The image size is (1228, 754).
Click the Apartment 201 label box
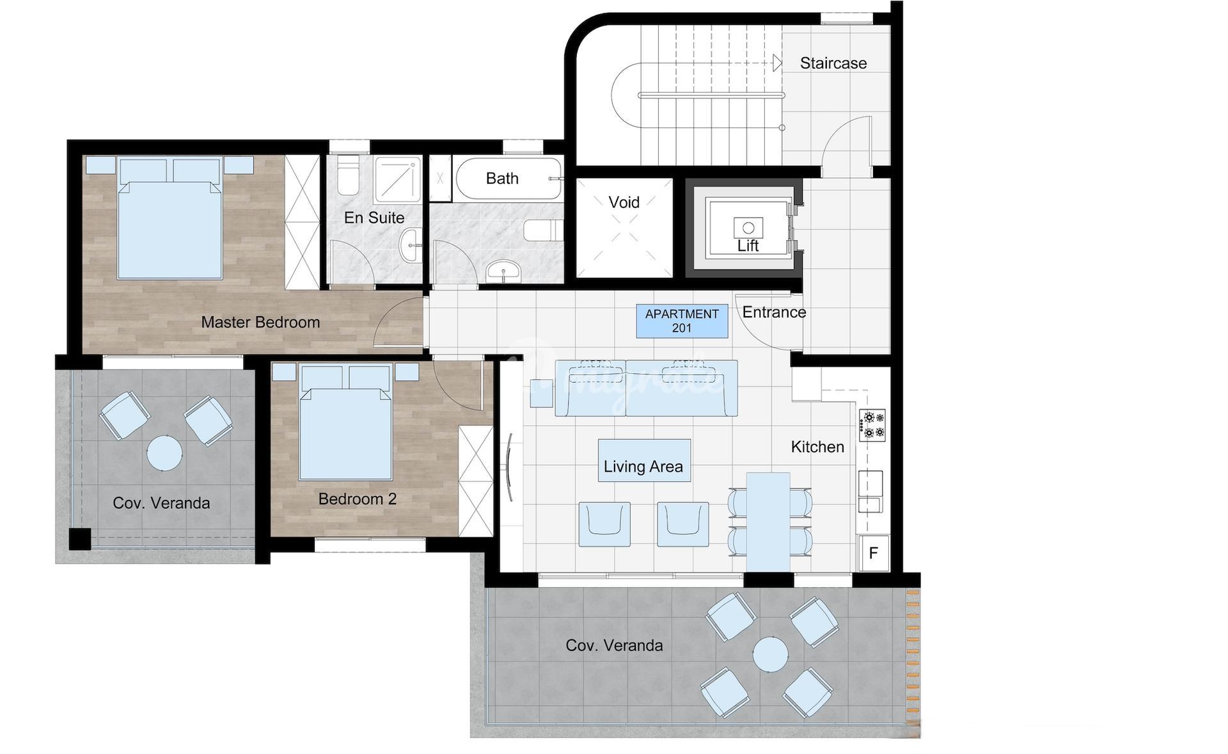[x=682, y=321]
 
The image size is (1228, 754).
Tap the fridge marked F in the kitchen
[x=873, y=553]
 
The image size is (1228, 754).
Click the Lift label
[x=748, y=246]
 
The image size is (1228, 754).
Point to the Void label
[x=624, y=202]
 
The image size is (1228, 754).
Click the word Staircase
[x=833, y=63]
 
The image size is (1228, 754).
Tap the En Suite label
[x=374, y=218]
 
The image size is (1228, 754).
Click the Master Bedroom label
[x=260, y=322]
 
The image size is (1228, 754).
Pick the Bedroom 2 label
[x=358, y=499]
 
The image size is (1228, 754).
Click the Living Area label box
[x=644, y=460]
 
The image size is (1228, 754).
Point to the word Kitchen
[x=817, y=447]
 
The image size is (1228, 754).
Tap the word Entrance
[x=774, y=312]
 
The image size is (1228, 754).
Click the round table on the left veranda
[x=164, y=453]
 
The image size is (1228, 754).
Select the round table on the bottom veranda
[x=770, y=655]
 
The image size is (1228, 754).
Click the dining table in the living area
[x=768, y=522]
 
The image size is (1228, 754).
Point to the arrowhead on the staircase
[x=777, y=63]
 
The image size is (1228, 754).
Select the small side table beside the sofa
[x=541, y=393]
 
